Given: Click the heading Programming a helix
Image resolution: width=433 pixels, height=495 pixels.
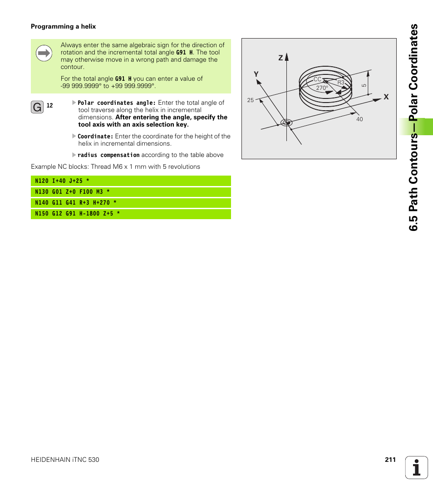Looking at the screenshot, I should click(x=63, y=27).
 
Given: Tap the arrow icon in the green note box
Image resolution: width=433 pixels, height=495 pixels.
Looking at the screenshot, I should click(x=44, y=54).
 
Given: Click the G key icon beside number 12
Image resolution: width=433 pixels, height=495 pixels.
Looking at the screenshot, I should click(x=37, y=108).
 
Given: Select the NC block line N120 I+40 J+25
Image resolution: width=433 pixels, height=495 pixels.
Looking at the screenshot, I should click(x=131, y=181).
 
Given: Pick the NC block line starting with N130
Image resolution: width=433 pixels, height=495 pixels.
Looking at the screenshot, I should click(x=131, y=192).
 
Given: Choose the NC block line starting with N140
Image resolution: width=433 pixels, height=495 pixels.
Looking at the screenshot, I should click(x=131, y=203).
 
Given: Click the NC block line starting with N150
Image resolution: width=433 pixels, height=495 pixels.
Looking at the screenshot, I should click(x=131, y=214).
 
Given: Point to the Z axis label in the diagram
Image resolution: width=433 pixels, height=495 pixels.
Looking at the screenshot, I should click(x=280, y=58).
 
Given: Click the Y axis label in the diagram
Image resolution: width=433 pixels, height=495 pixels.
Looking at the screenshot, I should click(x=256, y=74).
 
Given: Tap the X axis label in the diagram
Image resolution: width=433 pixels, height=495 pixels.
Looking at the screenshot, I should click(x=386, y=97).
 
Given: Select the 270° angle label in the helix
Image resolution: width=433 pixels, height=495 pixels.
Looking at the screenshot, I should click(x=322, y=88).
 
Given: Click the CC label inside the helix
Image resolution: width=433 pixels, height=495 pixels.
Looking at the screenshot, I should click(x=317, y=79).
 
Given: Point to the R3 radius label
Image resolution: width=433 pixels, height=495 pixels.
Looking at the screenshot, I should click(x=341, y=83).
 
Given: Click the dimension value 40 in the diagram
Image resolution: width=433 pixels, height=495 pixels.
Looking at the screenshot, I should click(x=359, y=119).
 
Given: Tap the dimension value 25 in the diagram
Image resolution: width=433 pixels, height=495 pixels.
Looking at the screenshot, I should click(x=250, y=100).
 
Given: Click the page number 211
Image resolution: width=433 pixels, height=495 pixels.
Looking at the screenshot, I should click(x=390, y=460).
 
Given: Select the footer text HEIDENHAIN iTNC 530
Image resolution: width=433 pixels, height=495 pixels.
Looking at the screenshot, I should click(x=65, y=460).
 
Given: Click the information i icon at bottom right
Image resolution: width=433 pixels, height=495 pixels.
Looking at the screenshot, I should click(x=417, y=467).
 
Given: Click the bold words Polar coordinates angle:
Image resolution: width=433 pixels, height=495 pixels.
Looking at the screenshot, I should click(x=117, y=103).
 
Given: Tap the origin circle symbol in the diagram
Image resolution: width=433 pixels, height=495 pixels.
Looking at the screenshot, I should click(x=286, y=123).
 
